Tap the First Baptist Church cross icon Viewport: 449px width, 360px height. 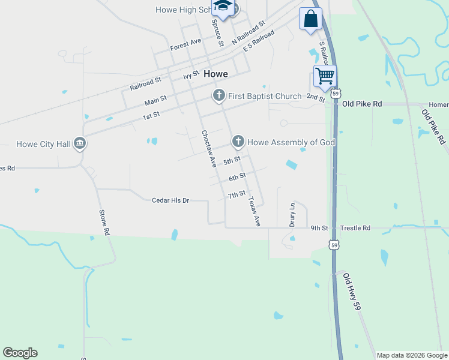tap(219, 95)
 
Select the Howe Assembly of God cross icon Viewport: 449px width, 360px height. tap(238, 142)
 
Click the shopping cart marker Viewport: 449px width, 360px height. tap(325, 76)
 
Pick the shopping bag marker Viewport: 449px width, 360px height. tap(310, 19)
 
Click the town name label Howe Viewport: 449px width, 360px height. tap(215, 74)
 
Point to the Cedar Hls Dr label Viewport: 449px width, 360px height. tap(170, 200)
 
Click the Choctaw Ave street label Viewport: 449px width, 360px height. tap(208, 148)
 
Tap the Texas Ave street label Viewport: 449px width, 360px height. tap(254, 211)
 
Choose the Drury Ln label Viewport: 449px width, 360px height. tap(293, 214)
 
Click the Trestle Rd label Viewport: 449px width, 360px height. tap(356, 228)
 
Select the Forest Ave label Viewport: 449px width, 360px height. tap(185, 44)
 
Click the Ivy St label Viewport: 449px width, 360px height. tap(191, 76)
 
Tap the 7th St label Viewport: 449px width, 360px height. tap(237, 195)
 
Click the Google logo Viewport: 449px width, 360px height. tap(20, 353)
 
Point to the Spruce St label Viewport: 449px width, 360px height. tap(217, 32)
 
